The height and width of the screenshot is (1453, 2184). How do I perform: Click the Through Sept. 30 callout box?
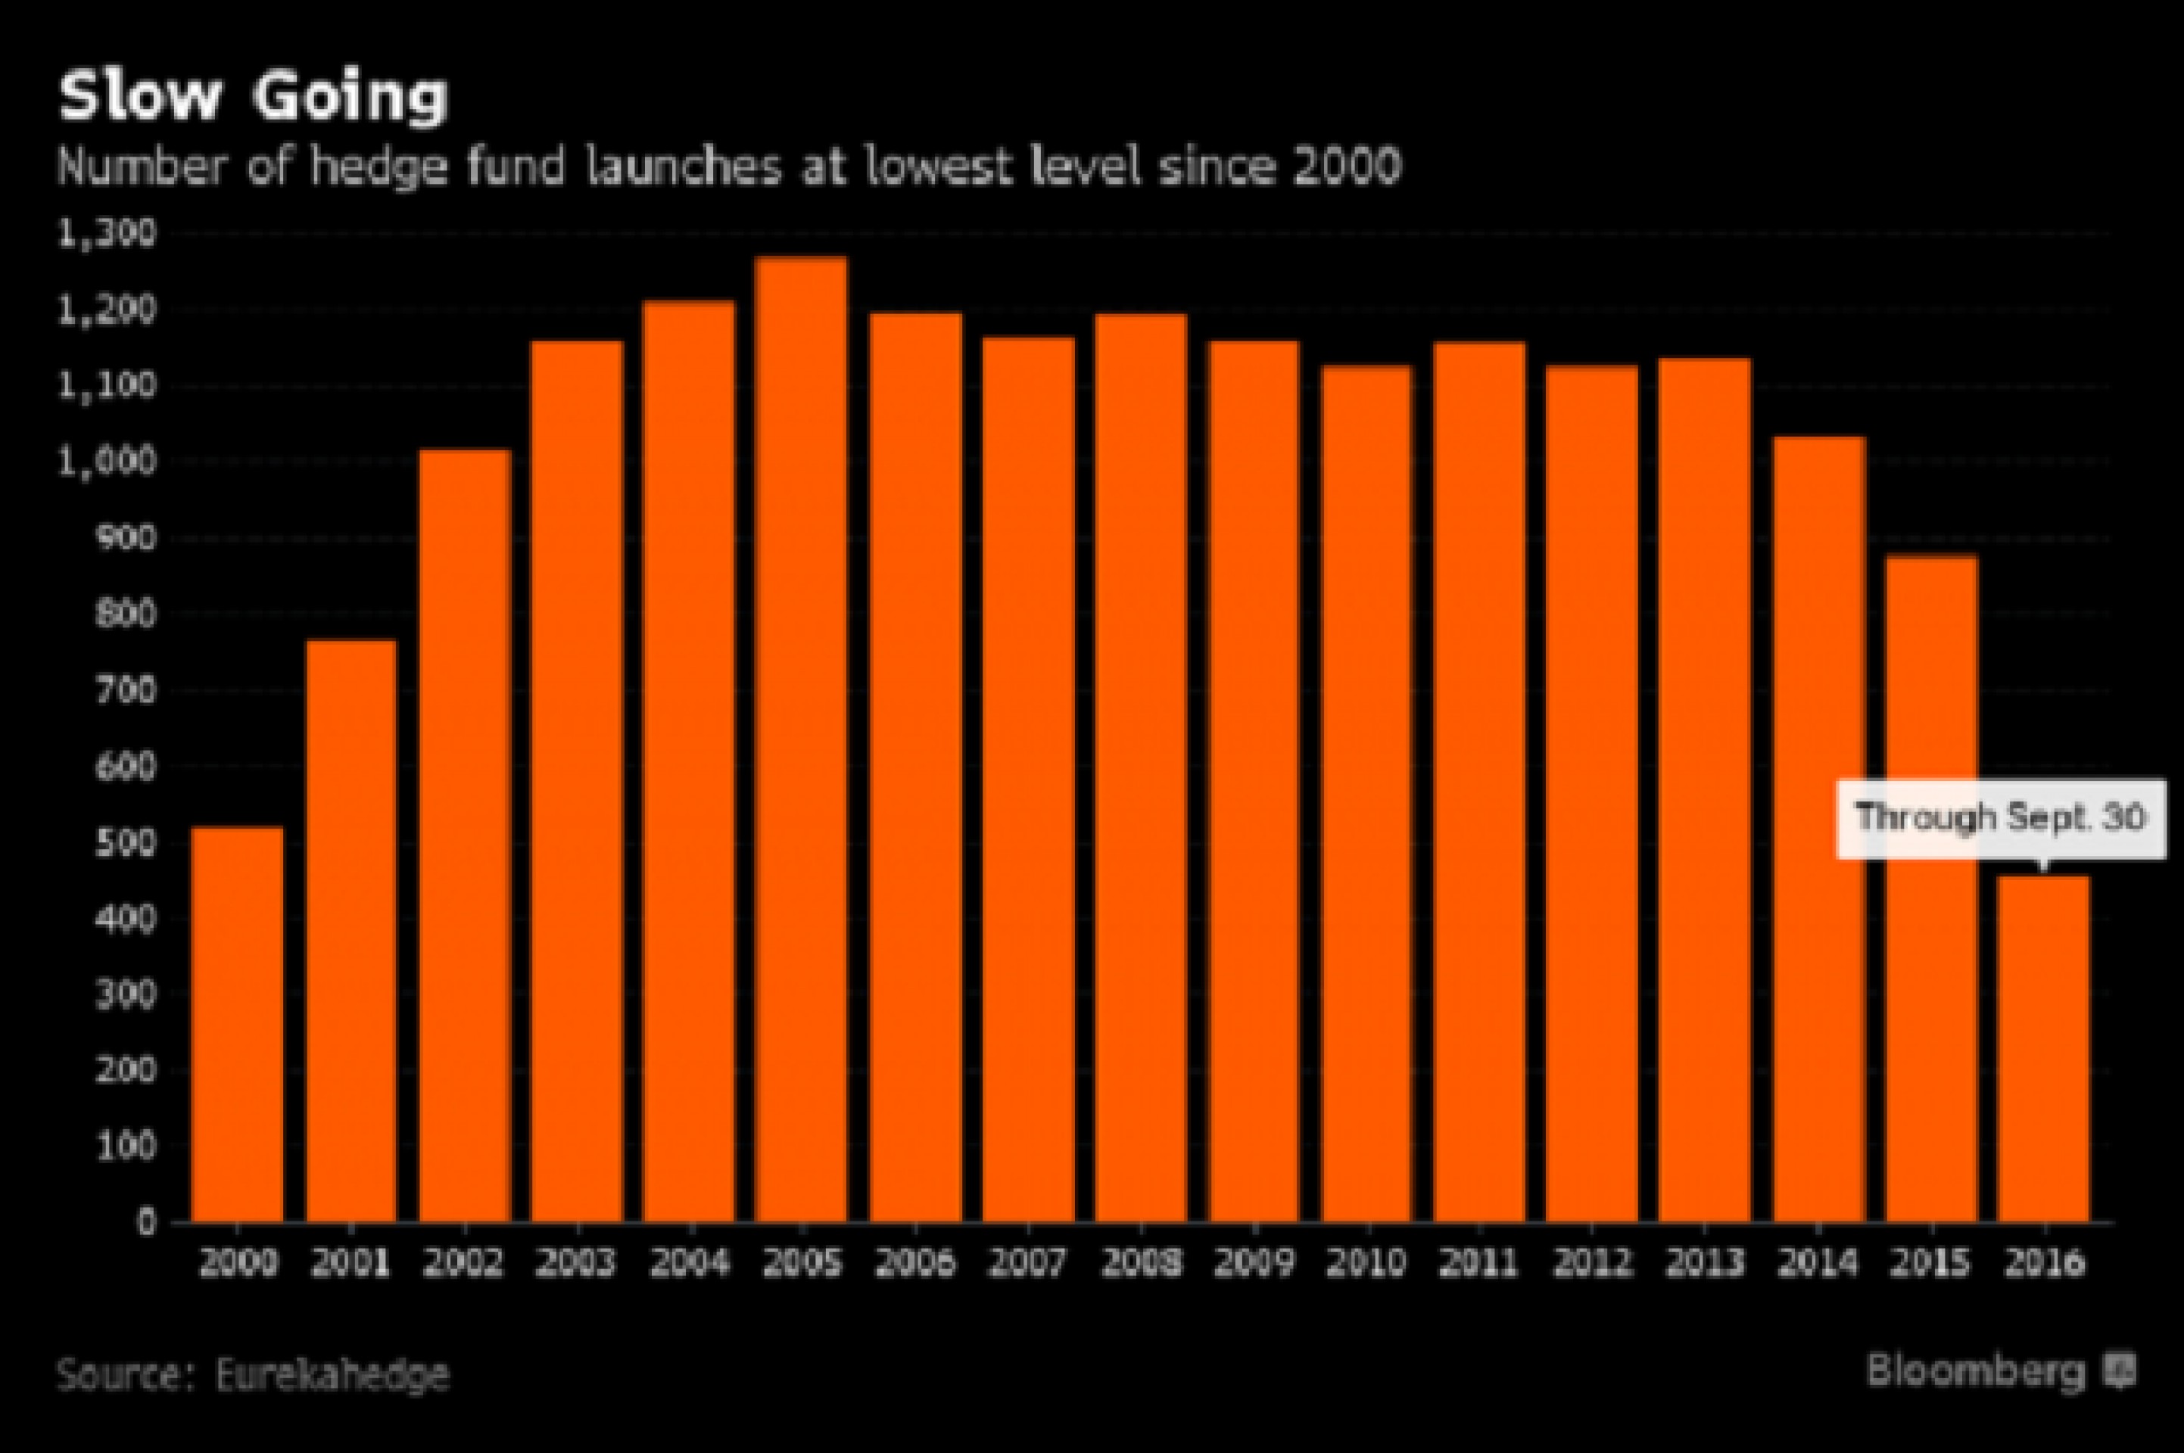2002,818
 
